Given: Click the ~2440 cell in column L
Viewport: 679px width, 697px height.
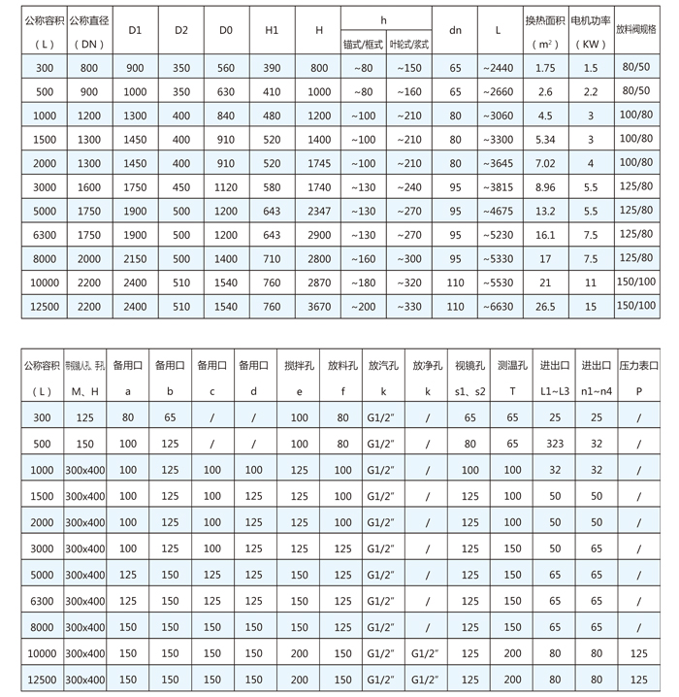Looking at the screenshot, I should [498, 67].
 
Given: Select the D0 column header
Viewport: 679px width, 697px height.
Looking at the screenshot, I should [226, 30].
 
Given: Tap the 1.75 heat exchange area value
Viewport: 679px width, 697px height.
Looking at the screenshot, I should [545, 67].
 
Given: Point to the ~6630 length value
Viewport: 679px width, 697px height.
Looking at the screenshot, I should [498, 307].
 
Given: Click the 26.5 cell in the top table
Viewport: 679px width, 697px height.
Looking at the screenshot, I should [545, 307].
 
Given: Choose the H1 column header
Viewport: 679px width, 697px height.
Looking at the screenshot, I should [272, 30].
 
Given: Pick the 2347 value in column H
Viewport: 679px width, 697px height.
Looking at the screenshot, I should [319, 210].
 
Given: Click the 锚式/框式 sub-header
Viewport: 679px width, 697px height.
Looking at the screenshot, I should [364, 44].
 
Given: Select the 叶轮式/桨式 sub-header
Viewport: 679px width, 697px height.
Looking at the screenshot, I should [409, 44].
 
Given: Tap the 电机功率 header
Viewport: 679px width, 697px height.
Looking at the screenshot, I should [590, 19].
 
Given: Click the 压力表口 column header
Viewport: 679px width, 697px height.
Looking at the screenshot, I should [638, 366].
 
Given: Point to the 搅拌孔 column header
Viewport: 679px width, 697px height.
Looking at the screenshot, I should [298, 366].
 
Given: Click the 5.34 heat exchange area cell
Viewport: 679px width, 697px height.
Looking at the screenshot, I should [545, 139].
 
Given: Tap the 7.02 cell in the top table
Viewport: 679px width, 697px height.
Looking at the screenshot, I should [545, 162].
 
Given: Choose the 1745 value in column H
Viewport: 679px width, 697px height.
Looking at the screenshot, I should [319, 162].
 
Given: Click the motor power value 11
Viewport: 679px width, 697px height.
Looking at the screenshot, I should [590, 282].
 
